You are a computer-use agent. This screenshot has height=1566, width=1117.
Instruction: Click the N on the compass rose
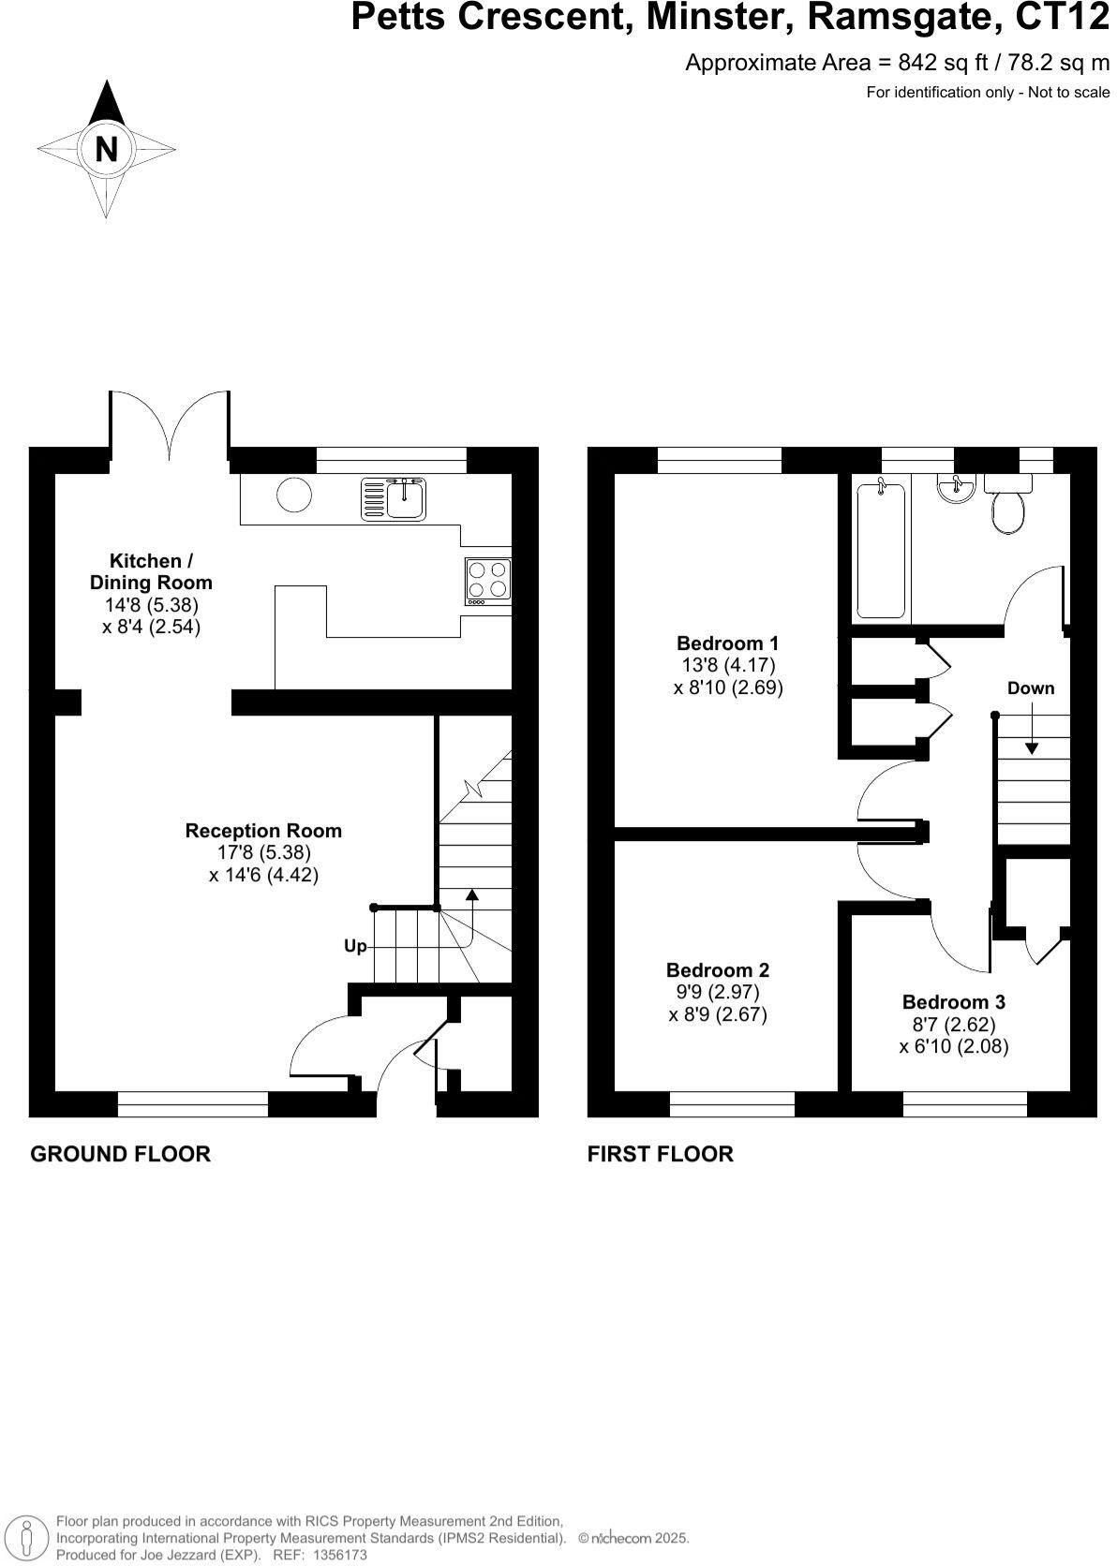(107, 150)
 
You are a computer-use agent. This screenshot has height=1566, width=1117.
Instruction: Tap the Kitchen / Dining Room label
(151, 571)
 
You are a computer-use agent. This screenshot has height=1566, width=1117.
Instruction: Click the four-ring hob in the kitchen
(487, 579)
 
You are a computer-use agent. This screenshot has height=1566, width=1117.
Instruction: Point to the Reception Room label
(263, 831)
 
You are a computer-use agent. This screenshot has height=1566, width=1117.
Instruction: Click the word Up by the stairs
(355, 946)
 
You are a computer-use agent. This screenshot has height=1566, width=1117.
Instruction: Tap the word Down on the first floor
(1030, 688)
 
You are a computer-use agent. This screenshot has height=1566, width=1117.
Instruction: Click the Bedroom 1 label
(727, 643)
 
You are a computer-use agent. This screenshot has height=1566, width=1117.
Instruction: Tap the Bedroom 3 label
(953, 1002)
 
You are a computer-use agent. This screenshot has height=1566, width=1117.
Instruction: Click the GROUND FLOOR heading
(120, 1154)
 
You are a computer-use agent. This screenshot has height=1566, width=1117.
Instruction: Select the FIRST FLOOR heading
(660, 1154)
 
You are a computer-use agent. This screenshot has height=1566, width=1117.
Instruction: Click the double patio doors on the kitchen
(170, 426)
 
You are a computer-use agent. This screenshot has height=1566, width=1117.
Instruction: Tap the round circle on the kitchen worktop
(294, 495)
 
